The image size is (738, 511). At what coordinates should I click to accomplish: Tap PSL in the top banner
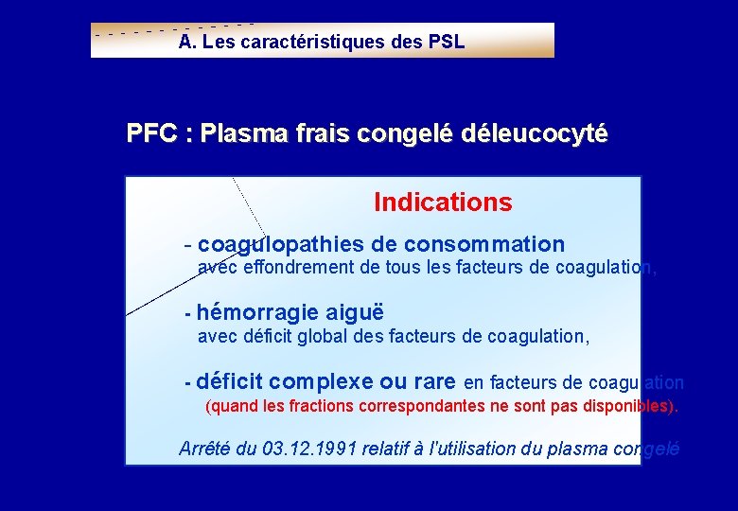point(446,43)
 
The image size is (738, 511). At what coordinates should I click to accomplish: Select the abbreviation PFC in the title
point(151,133)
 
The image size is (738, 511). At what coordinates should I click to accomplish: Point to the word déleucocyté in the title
point(535,134)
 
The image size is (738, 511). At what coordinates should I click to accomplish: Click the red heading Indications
point(443,203)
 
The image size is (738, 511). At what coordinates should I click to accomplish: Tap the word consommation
point(490,244)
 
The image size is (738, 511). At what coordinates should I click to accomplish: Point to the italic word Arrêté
point(204,449)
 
